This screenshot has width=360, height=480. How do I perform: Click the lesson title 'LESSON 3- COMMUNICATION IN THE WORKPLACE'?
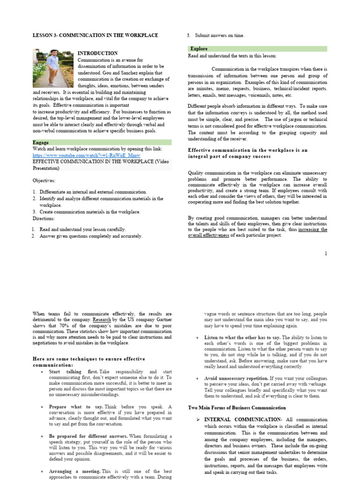point(95,35)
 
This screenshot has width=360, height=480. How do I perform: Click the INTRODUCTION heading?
point(97,53)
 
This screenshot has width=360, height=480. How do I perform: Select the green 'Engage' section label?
point(41,142)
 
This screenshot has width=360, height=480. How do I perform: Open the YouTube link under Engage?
point(86,155)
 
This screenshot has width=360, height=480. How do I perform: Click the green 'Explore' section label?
point(199,49)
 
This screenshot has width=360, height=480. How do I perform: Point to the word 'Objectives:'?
point(44,180)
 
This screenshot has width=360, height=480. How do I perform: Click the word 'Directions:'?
point(44,218)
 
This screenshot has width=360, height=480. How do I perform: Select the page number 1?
point(325,254)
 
